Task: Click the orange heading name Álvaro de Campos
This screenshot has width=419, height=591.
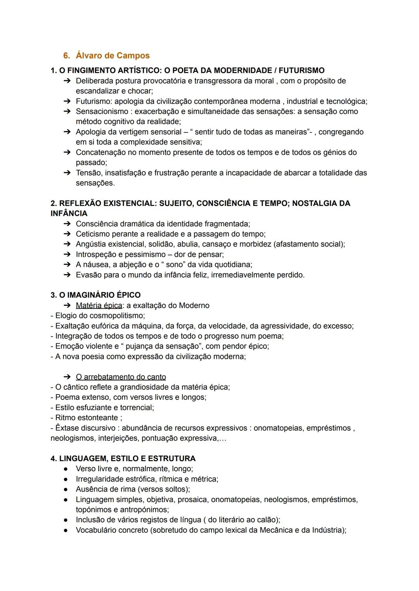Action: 113,55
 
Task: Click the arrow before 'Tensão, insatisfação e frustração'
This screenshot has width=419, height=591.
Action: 67,173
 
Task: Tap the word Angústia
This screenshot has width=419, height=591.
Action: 90,244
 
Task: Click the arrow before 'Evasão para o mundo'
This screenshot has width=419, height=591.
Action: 67,275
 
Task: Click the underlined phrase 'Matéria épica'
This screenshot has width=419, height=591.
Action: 99,305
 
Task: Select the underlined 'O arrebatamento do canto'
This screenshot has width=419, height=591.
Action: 121,377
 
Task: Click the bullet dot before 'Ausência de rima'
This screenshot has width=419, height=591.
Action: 67,489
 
